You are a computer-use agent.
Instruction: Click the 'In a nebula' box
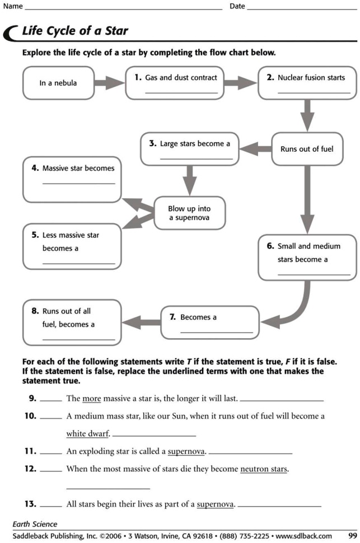coord(58,83)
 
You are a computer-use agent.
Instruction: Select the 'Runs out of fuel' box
coord(307,149)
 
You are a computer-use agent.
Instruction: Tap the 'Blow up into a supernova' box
coord(189,213)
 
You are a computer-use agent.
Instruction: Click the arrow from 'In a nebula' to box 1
coord(109,83)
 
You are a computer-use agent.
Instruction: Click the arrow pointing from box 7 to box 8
coord(141,322)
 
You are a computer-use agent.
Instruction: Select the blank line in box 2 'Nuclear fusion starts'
coord(314,92)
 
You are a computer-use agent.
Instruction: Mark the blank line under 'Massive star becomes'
coord(78,183)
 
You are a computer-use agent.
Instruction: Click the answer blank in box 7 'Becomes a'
coord(216,332)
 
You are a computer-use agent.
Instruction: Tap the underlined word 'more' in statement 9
coord(91,399)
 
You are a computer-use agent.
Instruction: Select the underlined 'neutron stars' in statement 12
coord(263,469)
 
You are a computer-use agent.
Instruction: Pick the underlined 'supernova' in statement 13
coord(215,504)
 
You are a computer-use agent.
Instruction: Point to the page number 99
coord(353,536)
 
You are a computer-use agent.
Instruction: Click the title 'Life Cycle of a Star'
coord(75,31)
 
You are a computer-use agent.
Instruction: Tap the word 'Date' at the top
coord(237,6)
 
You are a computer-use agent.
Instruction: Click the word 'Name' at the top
coord(12,6)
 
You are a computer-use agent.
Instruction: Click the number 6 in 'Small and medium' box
coord(270,246)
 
